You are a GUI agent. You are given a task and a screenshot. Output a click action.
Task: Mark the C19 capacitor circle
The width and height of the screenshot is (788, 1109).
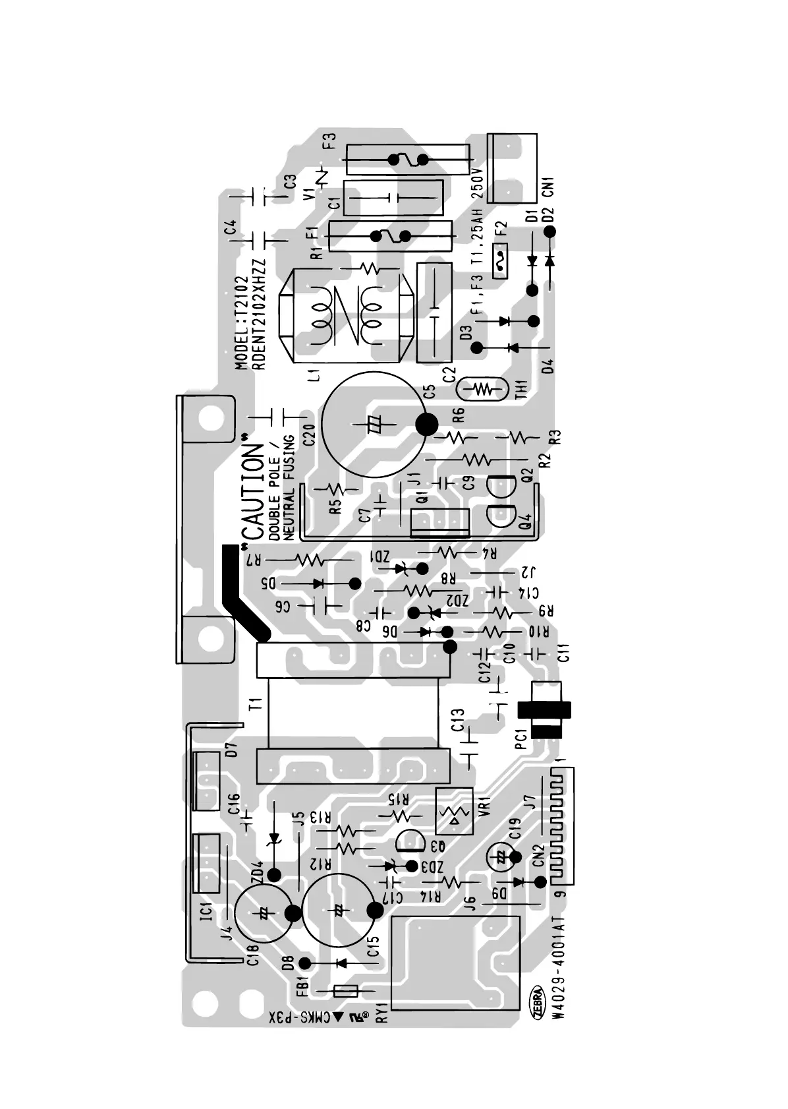(500, 857)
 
